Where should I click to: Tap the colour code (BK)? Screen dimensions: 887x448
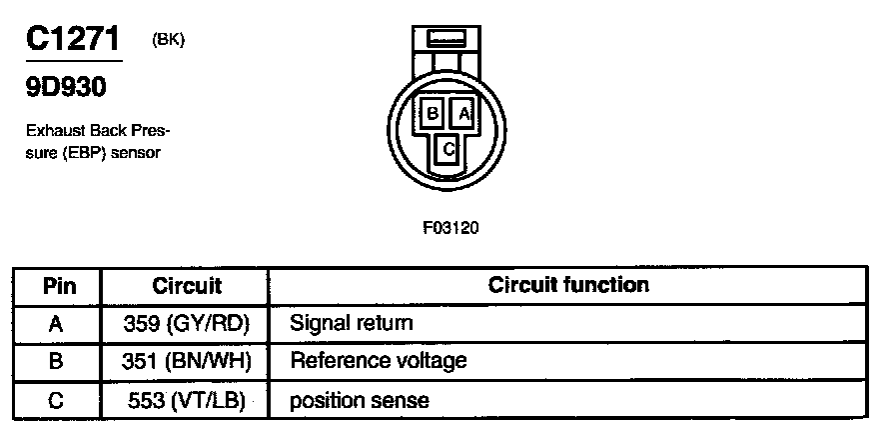coord(168,40)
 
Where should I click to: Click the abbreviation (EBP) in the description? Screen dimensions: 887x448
coord(86,153)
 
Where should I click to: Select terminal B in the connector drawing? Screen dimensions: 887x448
coord(432,114)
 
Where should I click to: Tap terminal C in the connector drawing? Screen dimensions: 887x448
coord(448,149)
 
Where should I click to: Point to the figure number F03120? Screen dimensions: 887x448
coord(451,227)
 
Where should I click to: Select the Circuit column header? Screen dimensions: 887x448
coord(186,286)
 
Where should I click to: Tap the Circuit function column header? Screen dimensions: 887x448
coord(568,285)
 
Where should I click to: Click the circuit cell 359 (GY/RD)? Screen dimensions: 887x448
coord(187,323)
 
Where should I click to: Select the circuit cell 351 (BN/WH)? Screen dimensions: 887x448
coord(187,360)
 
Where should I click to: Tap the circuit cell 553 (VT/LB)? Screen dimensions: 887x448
coord(187,400)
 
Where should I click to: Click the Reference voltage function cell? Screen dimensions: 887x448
coord(378,360)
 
